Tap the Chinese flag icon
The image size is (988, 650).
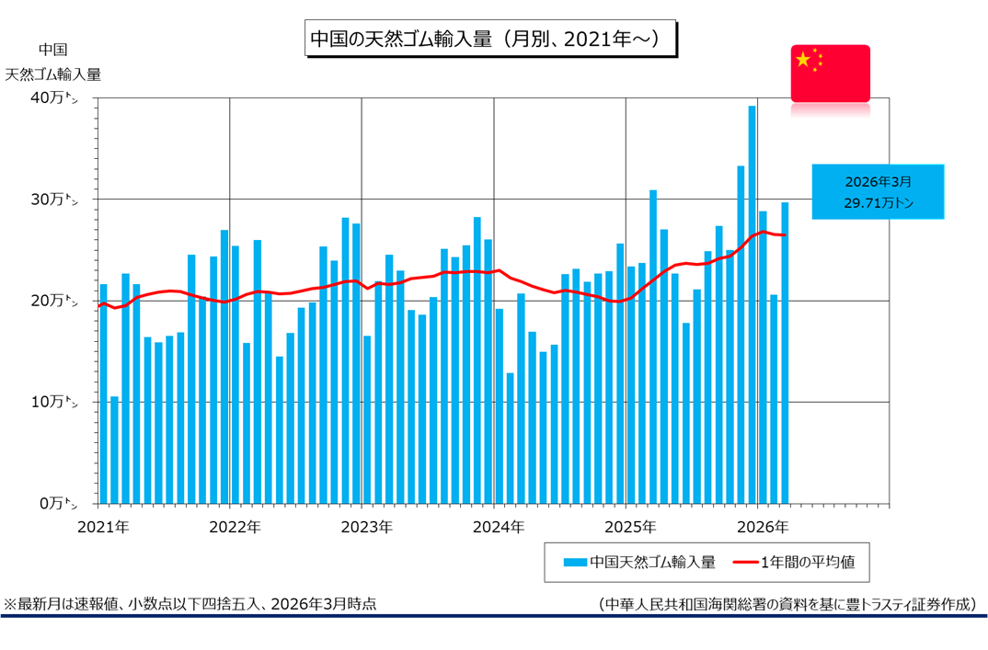click(830, 73)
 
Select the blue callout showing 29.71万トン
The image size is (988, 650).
click(878, 192)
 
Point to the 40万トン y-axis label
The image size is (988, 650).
click(55, 97)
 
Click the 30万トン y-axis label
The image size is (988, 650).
click(55, 200)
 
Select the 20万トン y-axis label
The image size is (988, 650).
click(55, 301)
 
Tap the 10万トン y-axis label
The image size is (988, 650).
click(55, 402)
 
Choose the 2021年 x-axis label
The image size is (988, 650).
click(102, 528)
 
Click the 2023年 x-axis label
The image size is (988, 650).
click(366, 528)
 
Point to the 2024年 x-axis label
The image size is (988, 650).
click(498, 528)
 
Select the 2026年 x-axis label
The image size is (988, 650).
click(763, 528)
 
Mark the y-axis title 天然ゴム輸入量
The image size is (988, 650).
click(53, 74)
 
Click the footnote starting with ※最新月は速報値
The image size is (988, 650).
click(190, 604)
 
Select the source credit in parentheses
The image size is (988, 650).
click(787, 604)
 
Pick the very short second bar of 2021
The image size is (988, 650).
click(114, 450)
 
